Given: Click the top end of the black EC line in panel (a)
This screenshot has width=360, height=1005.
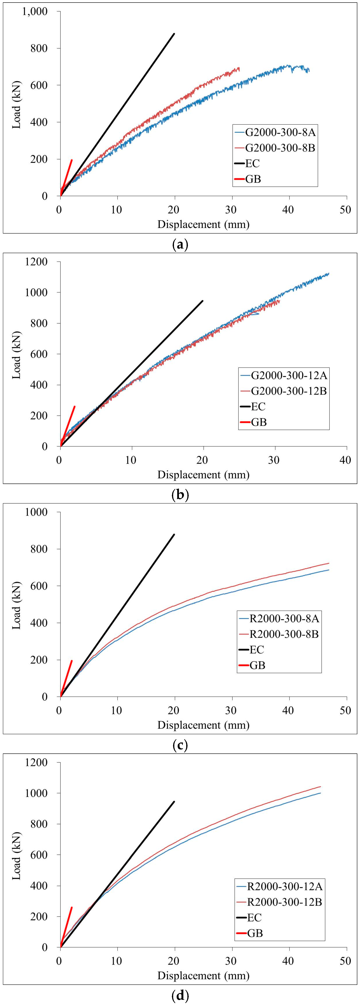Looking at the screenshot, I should [174, 34].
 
